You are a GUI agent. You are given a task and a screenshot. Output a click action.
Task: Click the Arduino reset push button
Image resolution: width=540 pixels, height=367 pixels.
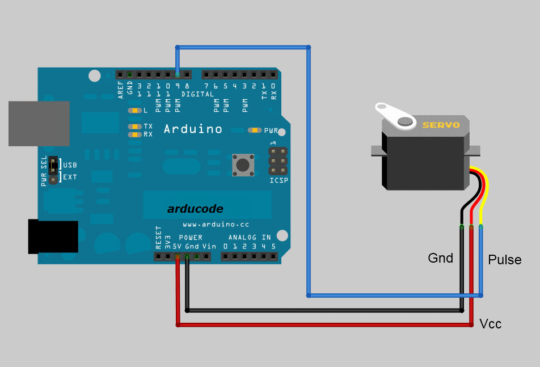(x=243, y=165)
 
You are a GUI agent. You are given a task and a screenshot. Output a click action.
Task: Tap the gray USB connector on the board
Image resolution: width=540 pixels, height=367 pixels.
(x=39, y=124)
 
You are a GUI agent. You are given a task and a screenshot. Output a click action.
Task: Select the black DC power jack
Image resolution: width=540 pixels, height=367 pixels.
(x=53, y=236)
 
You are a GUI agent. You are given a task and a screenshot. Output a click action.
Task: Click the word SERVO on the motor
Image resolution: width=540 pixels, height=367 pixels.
(x=441, y=125)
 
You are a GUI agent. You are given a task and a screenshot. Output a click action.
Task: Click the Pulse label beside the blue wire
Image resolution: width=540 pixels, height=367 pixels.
(x=504, y=260)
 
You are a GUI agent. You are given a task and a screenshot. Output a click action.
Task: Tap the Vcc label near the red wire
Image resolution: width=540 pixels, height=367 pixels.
(x=491, y=324)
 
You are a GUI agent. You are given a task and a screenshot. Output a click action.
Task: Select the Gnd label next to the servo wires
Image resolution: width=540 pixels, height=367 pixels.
(x=440, y=258)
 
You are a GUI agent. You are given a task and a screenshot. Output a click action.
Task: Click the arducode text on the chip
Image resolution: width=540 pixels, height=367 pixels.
(x=195, y=209)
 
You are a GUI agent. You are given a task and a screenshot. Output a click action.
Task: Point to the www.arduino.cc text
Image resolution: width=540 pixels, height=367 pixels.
(x=216, y=225)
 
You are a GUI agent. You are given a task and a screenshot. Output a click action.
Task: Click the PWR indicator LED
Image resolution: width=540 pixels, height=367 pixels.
(x=255, y=130)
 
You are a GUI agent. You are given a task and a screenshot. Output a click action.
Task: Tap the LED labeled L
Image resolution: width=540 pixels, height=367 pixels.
(x=134, y=111)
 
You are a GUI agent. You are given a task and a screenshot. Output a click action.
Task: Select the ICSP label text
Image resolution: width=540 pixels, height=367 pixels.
(x=279, y=180)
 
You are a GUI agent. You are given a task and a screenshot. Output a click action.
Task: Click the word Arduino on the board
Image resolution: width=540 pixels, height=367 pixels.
(x=193, y=129)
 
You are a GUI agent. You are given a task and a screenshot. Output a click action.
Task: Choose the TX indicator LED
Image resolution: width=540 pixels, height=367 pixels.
(x=134, y=126)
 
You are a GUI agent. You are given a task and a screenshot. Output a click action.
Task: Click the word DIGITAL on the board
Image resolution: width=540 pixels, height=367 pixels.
(x=197, y=94)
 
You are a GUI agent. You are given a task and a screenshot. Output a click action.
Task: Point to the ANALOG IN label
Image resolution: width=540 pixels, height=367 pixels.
(x=250, y=238)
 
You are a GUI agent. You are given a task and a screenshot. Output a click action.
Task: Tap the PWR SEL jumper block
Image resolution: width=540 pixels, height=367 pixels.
(x=53, y=170)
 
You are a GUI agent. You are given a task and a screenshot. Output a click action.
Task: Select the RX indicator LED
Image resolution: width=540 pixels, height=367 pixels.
(x=134, y=134)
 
